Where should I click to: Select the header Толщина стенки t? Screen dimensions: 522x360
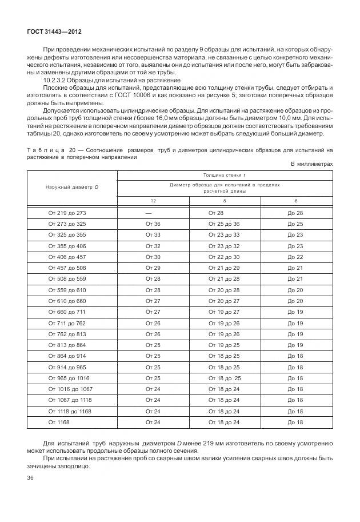click(224, 175)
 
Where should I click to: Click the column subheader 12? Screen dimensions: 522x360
click(153, 201)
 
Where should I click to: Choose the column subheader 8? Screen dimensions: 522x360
click(224, 201)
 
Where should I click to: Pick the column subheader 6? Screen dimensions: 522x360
click(295, 201)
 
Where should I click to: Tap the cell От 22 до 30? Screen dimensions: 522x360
click(224, 257)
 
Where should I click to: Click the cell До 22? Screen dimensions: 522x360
click(295, 257)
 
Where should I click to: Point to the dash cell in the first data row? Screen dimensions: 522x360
click(149, 213)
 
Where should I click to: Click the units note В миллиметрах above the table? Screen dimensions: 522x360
click(311, 163)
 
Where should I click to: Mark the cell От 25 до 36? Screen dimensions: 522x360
click(224, 224)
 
